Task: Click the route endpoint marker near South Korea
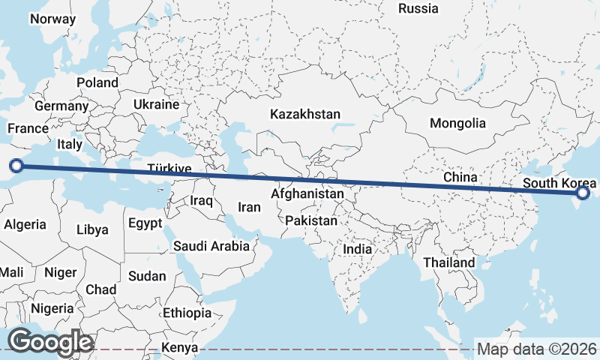pos(583,194)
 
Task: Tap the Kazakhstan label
pos(305,115)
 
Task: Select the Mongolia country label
pos(457,123)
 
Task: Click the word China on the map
pos(460,177)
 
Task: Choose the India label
pos(357,248)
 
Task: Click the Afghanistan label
pos(307,194)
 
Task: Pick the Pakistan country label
pos(311,221)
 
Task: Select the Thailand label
pos(449,262)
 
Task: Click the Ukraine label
pos(157,104)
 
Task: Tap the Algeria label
pos(25,224)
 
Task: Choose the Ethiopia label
pos(187,313)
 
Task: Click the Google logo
pos(50,342)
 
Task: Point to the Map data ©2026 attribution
pos(537,349)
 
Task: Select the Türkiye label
pos(169,169)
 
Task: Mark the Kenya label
pos(180,348)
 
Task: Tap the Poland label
pos(97,82)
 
